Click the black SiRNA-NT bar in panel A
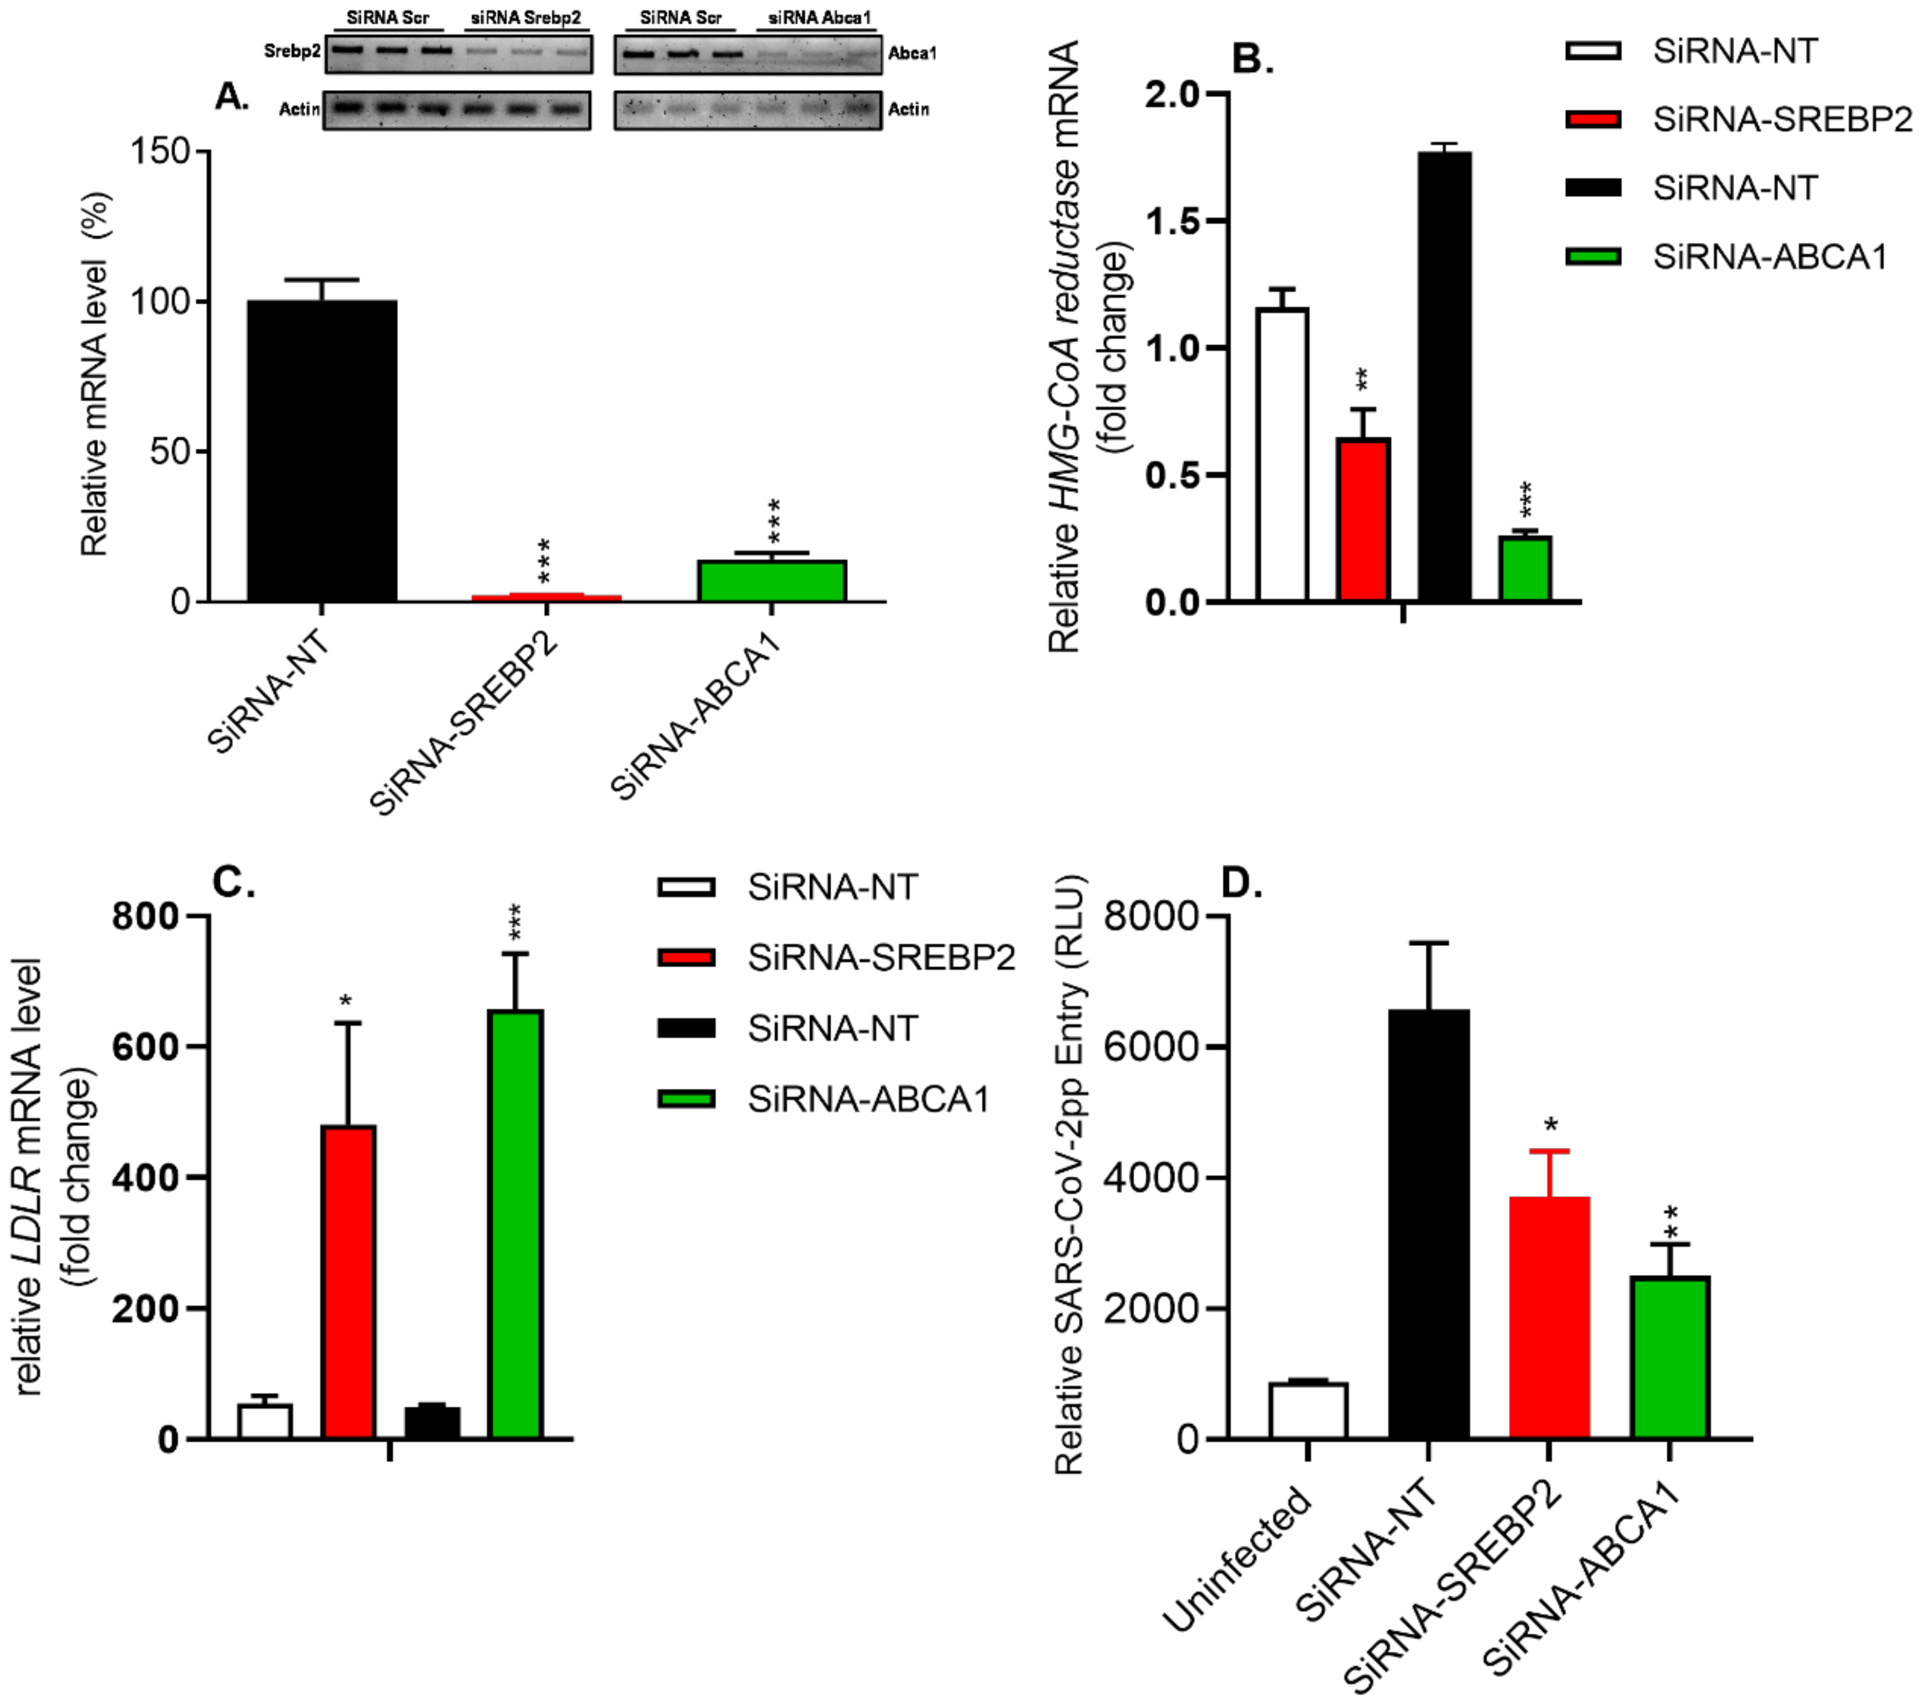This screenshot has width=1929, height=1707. pyautogui.click(x=322, y=451)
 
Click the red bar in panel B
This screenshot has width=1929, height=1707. pyautogui.click(x=1363, y=519)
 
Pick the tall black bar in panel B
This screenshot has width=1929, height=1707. pyautogui.click(x=1444, y=378)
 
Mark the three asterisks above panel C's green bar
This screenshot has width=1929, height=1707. pyautogui.click(x=516, y=922)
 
